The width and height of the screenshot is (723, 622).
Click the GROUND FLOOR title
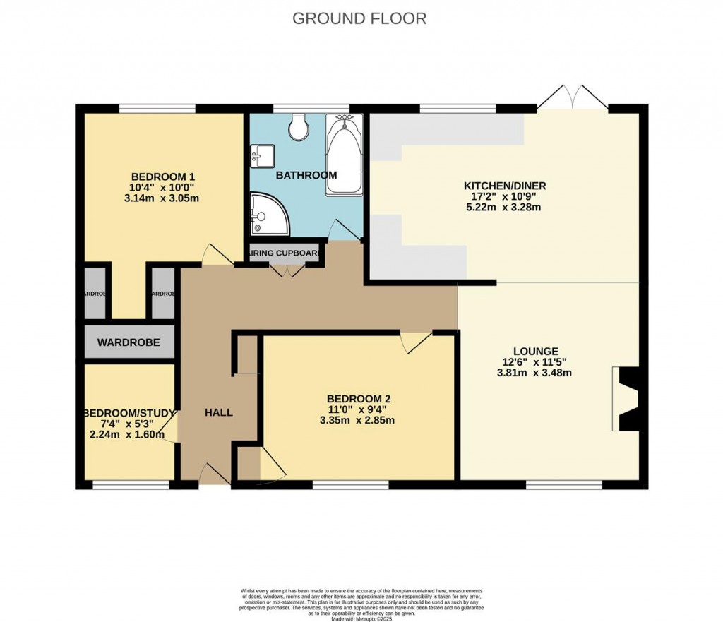coord(359,18)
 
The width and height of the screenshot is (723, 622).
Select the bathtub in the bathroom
coord(344,155)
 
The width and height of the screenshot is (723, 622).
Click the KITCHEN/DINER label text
coord(504,186)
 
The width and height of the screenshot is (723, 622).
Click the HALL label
coord(218,412)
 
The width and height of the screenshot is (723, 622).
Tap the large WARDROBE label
coord(129,343)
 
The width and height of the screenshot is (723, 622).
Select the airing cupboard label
coord(286,252)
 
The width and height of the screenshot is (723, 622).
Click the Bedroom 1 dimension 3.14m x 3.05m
coord(162,198)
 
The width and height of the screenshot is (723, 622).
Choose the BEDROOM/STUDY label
coord(129,413)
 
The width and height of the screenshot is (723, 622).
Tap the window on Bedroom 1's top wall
coord(157,109)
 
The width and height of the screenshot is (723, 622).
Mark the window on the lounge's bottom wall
coord(564,485)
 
